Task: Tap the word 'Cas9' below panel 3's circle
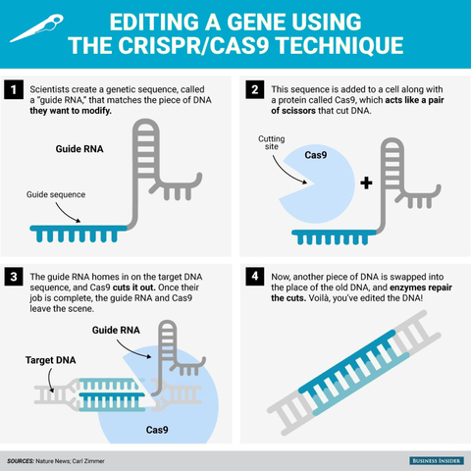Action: coord(160,429)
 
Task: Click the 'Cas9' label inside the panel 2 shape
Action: coord(315,156)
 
